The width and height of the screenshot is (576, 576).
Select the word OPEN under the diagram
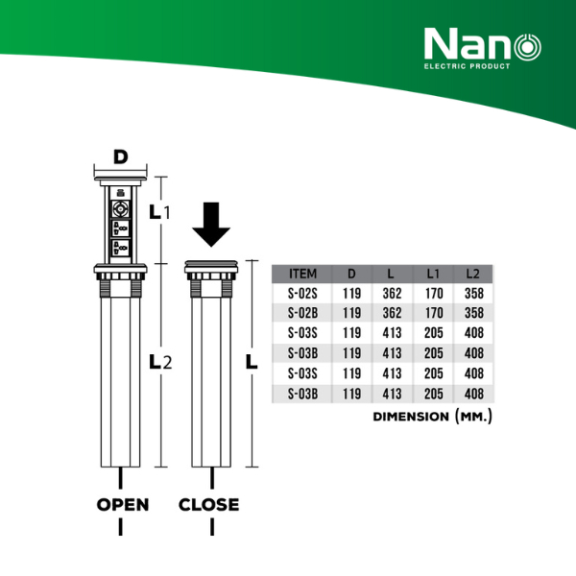click(122, 504)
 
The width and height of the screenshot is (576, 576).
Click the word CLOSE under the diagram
click(208, 504)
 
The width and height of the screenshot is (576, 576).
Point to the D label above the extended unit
click(120, 156)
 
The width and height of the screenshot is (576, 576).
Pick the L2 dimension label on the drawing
click(158, 362)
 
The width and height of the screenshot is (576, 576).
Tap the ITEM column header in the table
click(302, 274)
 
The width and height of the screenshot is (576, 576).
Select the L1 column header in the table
click(433, 274)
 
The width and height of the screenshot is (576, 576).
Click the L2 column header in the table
click(472, 274)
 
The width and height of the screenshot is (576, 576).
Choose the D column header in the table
click(351, 274)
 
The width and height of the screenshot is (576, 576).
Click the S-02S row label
click(302, 294)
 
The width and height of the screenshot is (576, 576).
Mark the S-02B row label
click(302, 313)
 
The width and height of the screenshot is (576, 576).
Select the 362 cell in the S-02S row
click(392, 294)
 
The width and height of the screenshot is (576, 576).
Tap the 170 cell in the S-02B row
click(433, 313)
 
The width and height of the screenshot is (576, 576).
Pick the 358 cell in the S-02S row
click(473, 294)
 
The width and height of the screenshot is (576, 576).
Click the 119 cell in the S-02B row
click(351, 313)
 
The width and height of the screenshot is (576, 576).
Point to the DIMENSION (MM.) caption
click(431, 418)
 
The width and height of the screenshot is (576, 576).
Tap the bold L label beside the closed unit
click(252, 362)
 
